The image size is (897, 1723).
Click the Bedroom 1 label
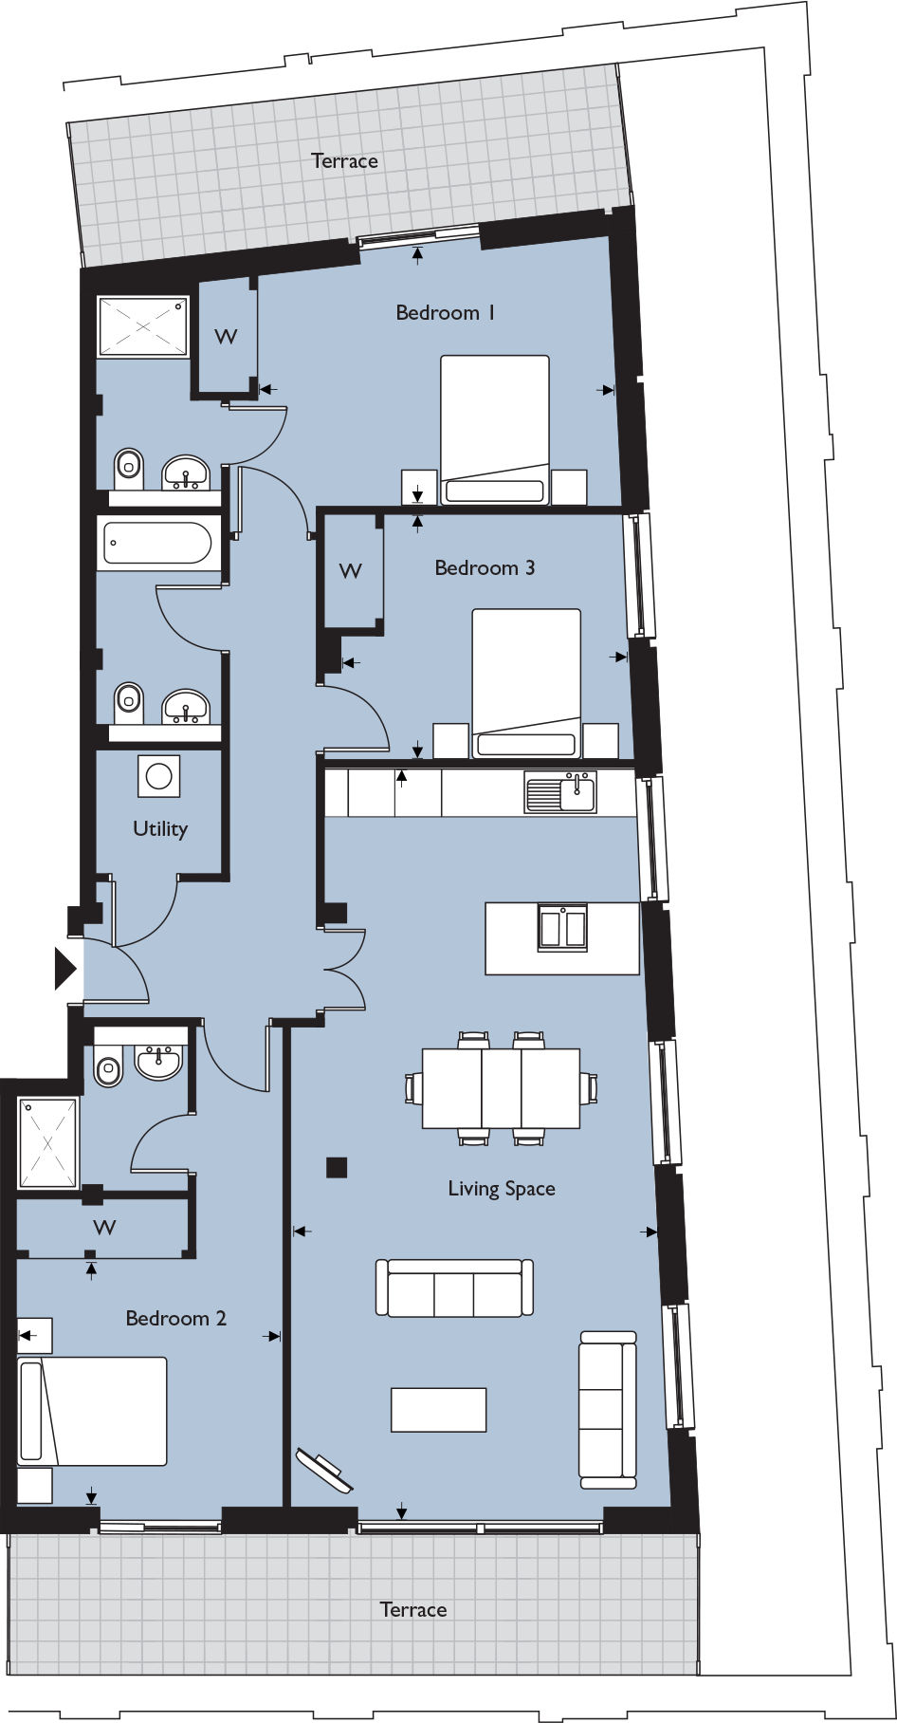[445, 312]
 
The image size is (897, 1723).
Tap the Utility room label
[160, 828]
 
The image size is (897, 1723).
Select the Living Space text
[502, 1189]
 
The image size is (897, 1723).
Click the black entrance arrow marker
[64, 969]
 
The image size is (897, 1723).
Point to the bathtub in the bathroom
[157, 544]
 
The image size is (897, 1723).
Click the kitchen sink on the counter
[560, 792]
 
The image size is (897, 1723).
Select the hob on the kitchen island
[562, 927]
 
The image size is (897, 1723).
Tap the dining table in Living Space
[501, 1087]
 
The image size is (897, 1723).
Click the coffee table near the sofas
[439, 1409]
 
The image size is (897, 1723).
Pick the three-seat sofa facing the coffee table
[454, 1288]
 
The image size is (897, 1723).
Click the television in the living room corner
[325, 1470]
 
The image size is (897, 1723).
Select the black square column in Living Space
[336, 1167]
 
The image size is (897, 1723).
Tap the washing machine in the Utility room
[158, 776]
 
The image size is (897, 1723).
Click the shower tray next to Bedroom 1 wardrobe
[143, 325]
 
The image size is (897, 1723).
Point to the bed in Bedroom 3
[526, 683]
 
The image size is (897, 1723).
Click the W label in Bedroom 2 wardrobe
[104, 1227]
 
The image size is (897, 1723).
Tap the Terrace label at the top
[344, 160]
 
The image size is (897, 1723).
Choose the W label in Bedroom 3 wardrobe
[351, 570]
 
